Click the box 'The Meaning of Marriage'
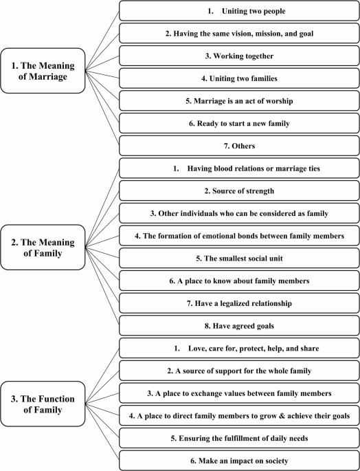click(43, 71)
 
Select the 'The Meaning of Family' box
click(43, 248)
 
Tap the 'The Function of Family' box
click(43, 404)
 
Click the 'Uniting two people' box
click(239, 11)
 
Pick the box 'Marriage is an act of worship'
click(239, 100)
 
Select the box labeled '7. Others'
click(239, 146)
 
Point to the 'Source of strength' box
click(239, 190)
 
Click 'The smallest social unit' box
click(239, 258)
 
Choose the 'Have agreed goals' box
click(239, 326)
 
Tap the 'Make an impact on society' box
click(239, 461)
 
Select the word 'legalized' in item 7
click(234, 303)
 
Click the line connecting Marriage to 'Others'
click(102, 108)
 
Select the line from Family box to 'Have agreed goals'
click(102, 286)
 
